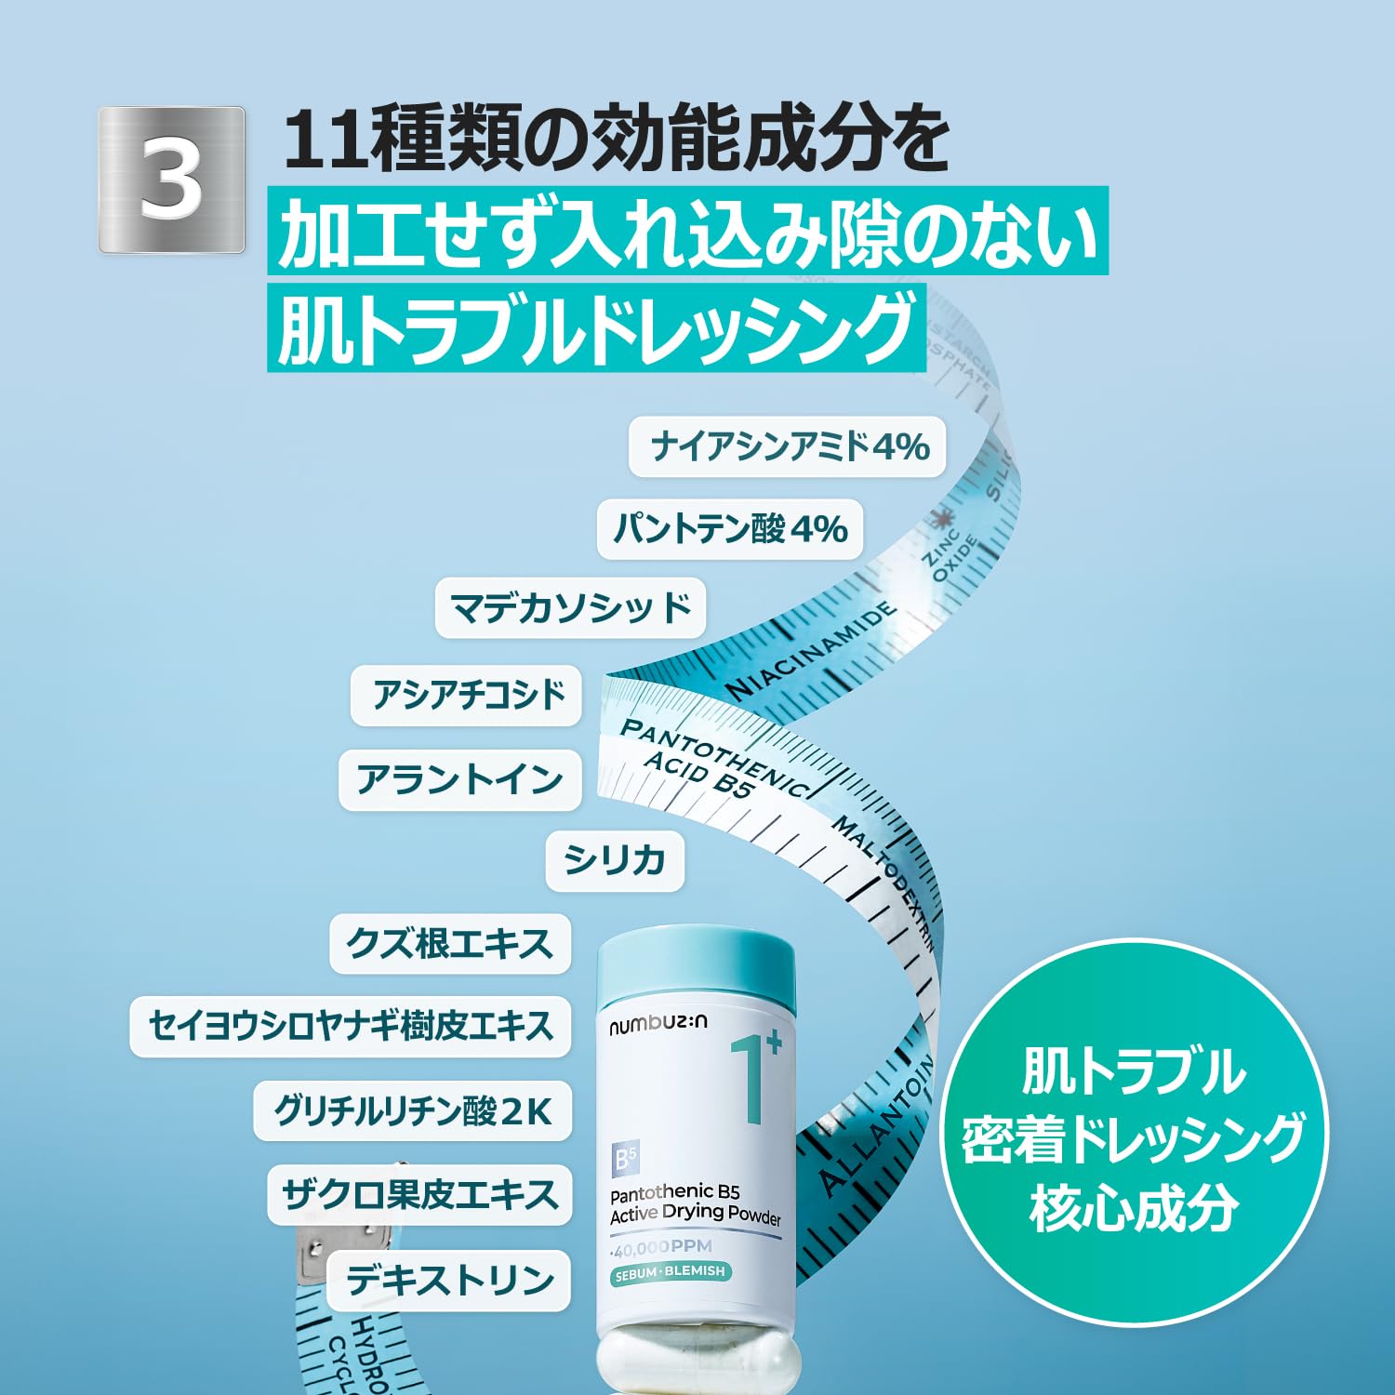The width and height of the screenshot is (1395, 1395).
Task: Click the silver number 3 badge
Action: pos(172,179)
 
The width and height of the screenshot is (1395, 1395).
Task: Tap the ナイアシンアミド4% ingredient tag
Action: pos(788,447)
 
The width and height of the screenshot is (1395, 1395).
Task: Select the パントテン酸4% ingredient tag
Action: pos(730,529)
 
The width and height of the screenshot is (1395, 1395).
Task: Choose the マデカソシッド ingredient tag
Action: pos(570,608)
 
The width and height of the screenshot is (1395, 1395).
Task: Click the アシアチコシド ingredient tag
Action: pos(466,695)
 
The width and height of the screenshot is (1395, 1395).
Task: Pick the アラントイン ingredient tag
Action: pos(459,779)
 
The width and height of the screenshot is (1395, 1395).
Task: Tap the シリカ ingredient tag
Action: pos(615,860)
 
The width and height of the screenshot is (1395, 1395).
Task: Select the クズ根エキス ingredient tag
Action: pos(450,944)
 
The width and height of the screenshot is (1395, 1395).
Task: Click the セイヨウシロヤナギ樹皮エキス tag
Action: pos(350,1026)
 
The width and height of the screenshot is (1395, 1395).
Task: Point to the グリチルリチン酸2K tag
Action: pos(412,1110)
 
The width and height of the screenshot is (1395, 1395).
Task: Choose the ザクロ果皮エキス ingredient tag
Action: pos(419,1194)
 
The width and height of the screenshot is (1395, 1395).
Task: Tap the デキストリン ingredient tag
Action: pos(450,1281)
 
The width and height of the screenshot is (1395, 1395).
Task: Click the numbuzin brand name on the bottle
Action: pos(658,1024)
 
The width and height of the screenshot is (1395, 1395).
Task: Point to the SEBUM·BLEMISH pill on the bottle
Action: pos(670,1273)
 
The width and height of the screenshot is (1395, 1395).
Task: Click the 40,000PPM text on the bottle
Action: pos(662,1247)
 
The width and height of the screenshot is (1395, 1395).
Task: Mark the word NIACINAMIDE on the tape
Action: pos(811,651)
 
